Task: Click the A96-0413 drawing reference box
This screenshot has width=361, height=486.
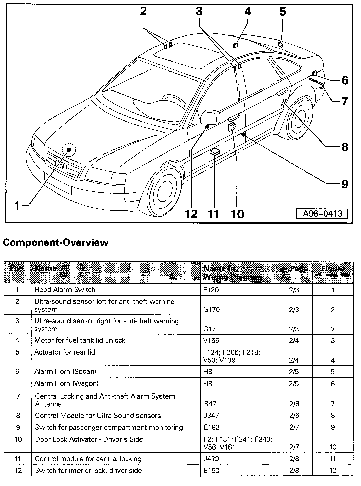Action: pos(322,214)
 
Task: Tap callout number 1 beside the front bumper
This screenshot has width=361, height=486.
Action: pos(17,205)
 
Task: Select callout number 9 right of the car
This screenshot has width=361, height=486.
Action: pos(344,184)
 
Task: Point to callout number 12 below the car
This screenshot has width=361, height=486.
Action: pos(191,214)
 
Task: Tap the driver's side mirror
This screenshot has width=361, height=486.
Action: pos(210,117)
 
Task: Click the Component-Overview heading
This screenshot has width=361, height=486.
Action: pos(56,242)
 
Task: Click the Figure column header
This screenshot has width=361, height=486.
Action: pos(333,269)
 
